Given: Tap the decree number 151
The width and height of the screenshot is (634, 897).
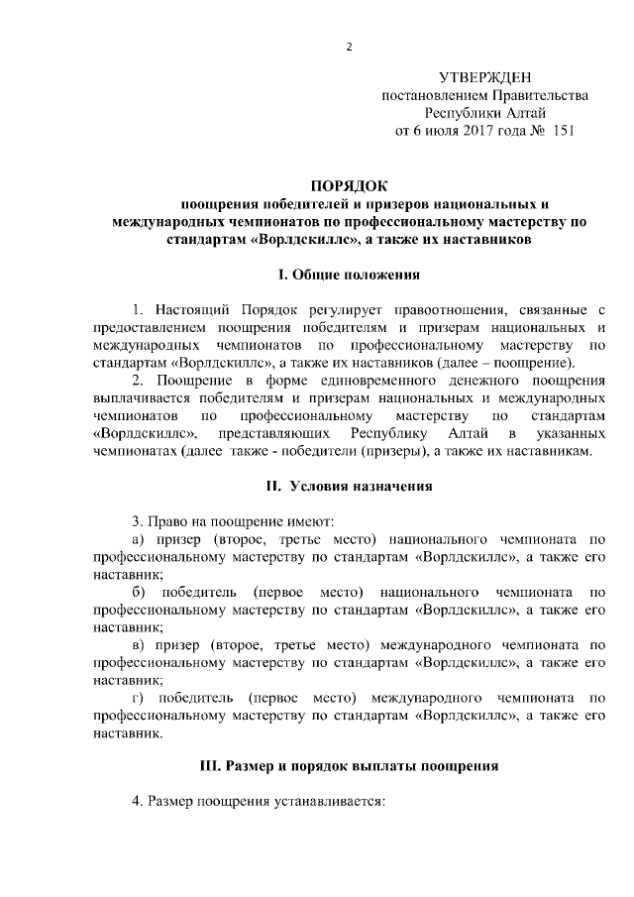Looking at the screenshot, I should click(x=563, y=130).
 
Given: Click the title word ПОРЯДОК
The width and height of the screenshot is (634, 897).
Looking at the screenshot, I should click(x=350, y=185).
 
